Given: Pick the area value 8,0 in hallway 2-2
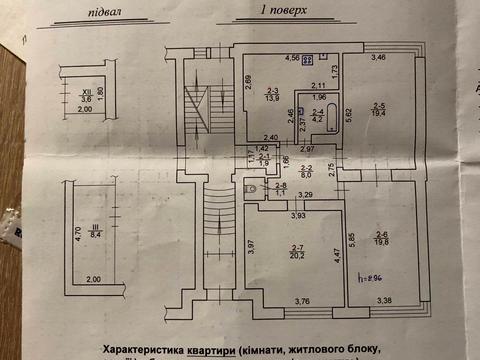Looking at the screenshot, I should [x=309, y=173].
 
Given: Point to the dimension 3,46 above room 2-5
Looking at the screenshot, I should [x=380, y=56].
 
